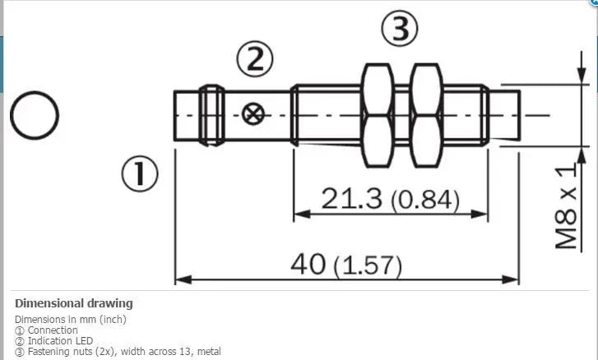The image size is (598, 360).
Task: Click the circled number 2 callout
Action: pos(254,58)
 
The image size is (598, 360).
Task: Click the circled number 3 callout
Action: pos(400,30)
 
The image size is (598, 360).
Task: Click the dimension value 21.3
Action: pos(341,199)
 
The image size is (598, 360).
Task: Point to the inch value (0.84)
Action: pos(423,200)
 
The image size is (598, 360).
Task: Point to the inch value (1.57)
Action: pos(368,265)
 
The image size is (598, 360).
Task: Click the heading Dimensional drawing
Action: pos(73,303)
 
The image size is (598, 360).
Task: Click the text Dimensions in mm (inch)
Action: pos(71,319)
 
